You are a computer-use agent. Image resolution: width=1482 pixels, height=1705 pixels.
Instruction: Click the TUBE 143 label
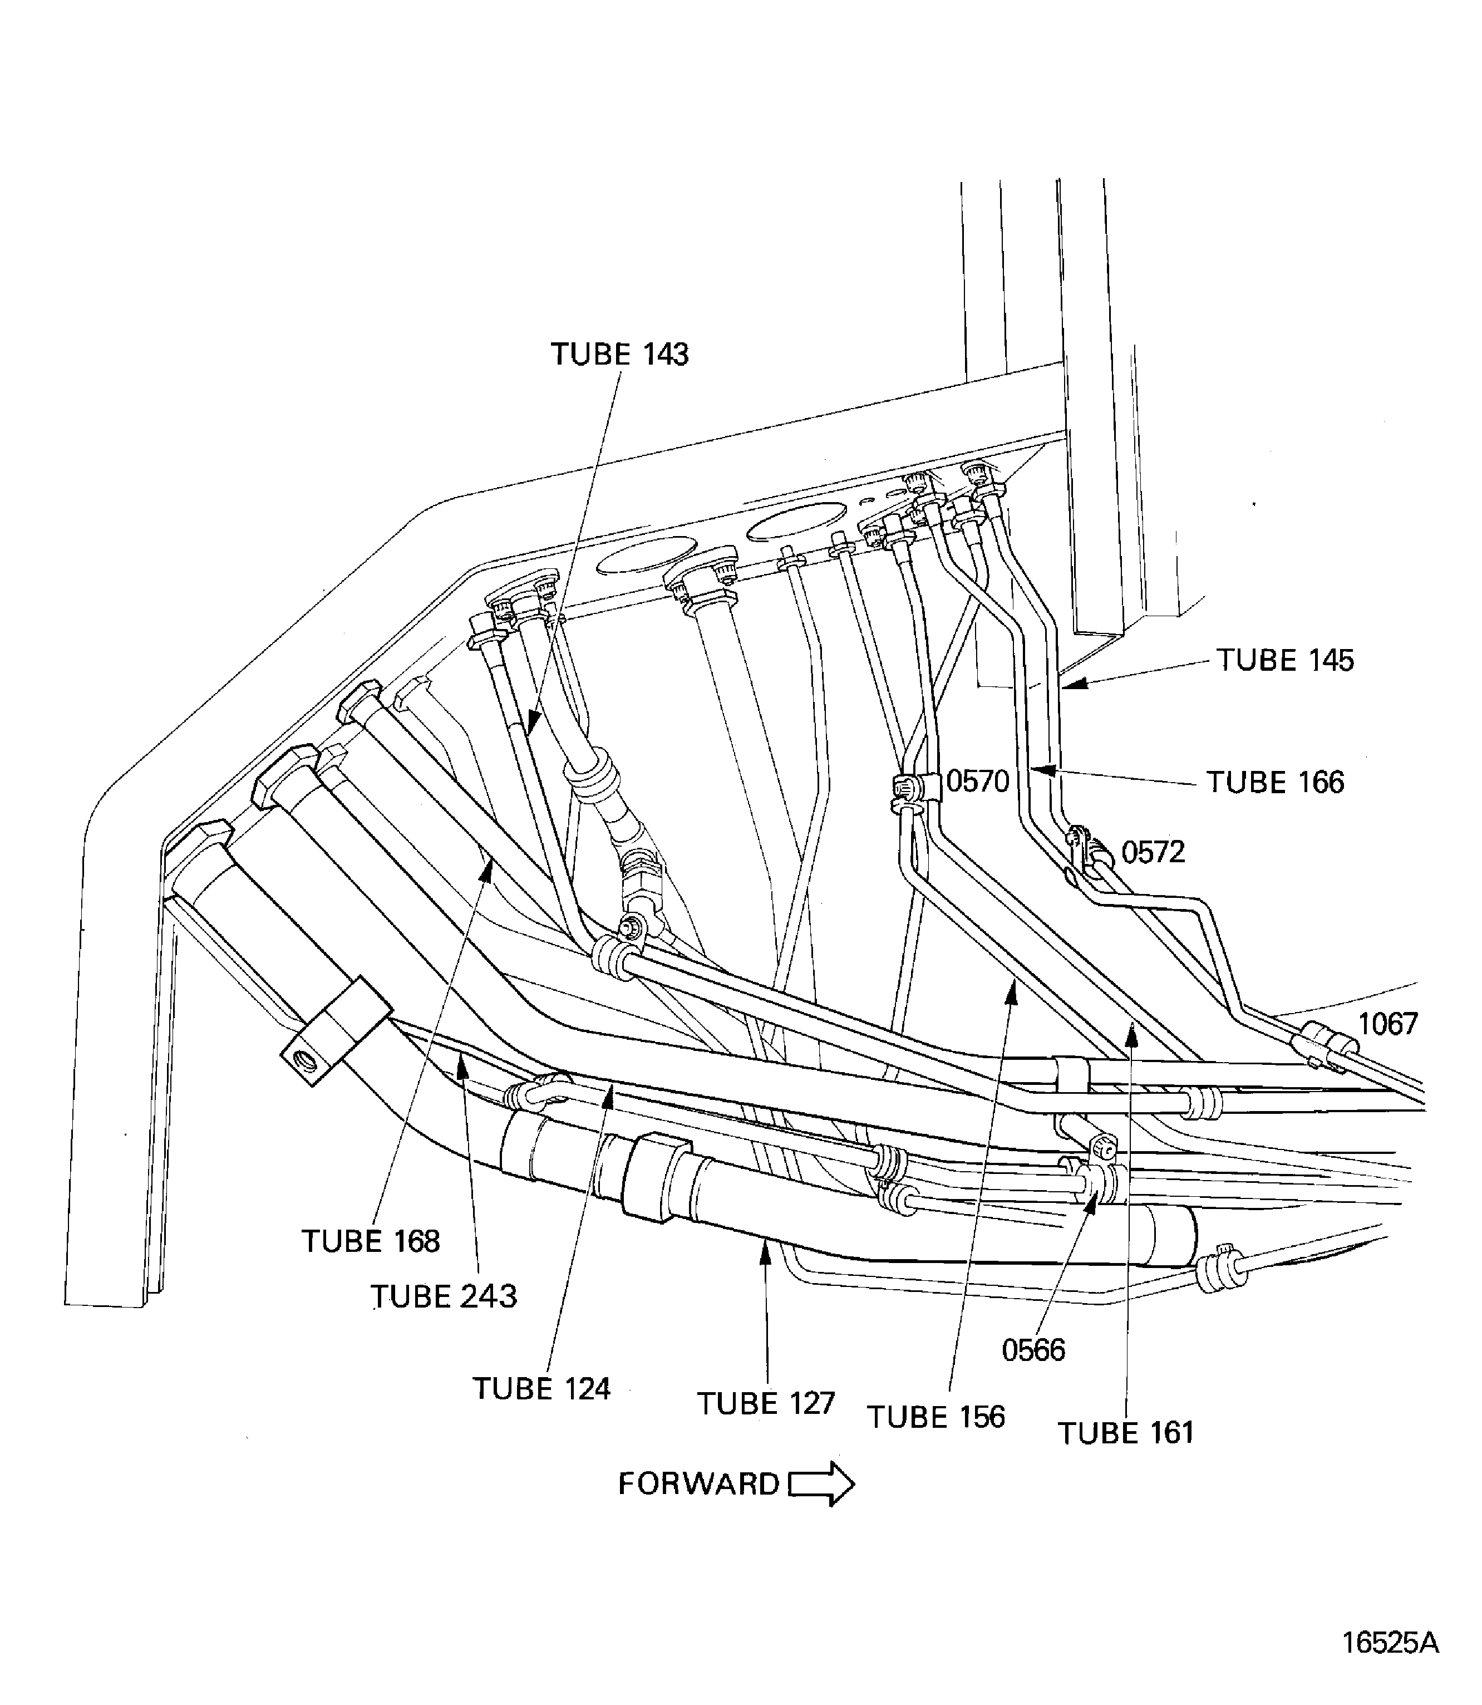(619, 354)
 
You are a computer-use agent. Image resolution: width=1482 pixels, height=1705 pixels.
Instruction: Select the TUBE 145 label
(1284, 660)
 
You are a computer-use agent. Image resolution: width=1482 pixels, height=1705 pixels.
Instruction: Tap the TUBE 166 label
(1275, 782)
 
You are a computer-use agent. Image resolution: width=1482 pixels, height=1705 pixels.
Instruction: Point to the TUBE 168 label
(371, 1241)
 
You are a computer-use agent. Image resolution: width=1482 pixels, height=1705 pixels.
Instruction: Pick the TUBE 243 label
(444, 1296)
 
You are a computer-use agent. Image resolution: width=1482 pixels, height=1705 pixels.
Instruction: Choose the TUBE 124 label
(541, 1388)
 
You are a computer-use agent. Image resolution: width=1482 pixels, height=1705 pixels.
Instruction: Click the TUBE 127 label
(766, 1403)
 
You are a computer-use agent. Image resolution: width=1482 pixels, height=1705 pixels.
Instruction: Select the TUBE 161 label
(1126, 1433)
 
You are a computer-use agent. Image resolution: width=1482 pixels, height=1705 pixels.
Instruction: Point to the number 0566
(1033, 1350)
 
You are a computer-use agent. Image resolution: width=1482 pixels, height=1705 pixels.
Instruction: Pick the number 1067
(1387, 1024)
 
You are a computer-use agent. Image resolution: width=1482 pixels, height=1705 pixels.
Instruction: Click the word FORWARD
(699, 1483)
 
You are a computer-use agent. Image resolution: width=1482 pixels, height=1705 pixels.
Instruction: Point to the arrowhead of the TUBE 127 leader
(766, 1252)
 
